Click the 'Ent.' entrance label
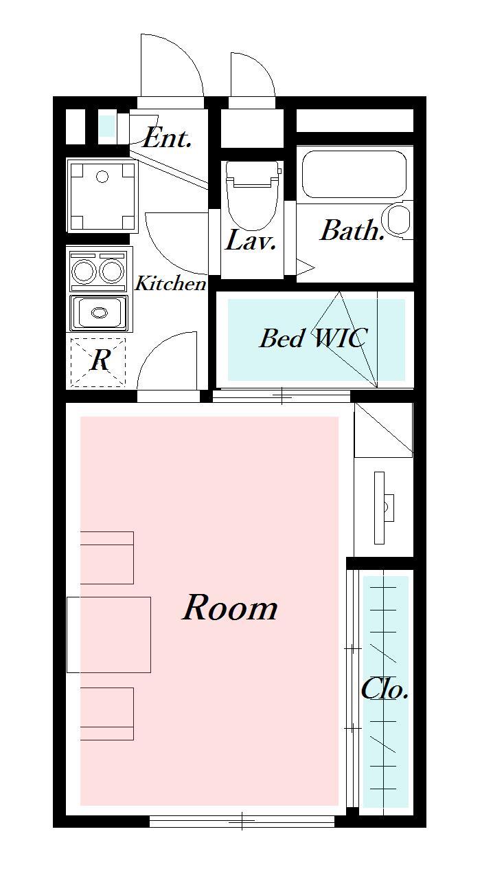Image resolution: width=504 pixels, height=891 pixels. [168, 138]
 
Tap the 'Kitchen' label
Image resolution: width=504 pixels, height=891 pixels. [171, 283]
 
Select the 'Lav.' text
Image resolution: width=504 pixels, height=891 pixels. [251, 240]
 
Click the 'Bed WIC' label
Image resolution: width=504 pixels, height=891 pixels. [313, 338]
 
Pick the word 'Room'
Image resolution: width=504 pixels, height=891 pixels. [230, 607]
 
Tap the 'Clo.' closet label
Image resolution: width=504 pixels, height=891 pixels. [385, 690]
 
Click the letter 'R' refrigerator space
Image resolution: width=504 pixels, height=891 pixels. [100, 360]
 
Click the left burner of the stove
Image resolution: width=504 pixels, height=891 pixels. [84, 271]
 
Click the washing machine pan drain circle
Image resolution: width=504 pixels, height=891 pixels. [102, 176]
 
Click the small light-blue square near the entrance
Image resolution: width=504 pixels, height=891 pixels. [106, 125]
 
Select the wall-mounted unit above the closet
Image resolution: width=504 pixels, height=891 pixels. [383, 507]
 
